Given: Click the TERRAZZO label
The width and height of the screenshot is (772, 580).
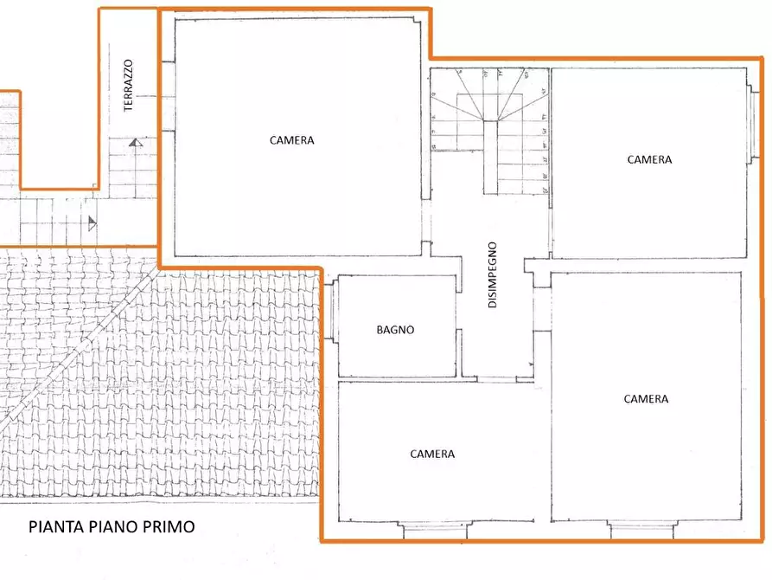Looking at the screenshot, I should coord(130,86).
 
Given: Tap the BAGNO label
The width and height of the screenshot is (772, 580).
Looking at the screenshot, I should coord(395,330).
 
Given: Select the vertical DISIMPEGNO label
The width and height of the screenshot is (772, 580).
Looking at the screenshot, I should coord(492,274).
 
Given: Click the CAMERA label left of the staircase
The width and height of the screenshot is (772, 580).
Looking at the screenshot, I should coord(291,140).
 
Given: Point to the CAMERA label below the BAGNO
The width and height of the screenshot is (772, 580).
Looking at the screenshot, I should coord(432,454).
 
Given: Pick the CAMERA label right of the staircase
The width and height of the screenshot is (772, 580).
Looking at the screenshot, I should coord(649,159).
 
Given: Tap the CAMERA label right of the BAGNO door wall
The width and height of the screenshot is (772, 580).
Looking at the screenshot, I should coord(646,399).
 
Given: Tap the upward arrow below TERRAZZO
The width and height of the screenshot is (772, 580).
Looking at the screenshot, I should coord(134,143).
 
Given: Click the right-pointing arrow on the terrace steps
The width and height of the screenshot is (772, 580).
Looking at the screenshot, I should coord(93,223).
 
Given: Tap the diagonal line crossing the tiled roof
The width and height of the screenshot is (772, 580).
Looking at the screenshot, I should coord(78,346).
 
